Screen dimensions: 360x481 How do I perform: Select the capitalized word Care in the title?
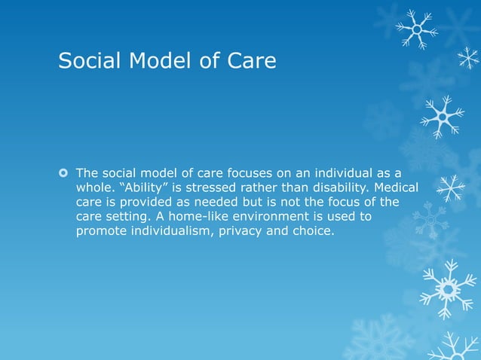point(252,60)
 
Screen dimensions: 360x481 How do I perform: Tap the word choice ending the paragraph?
point(314,231)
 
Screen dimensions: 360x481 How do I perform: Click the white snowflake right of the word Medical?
point(451,188)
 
